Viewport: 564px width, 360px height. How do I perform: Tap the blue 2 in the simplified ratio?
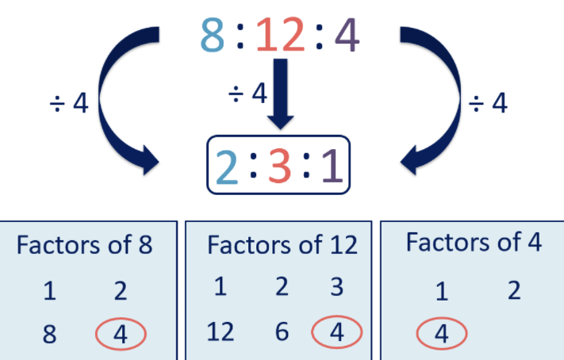point(228,166)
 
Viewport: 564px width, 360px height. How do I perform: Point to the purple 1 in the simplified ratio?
point(332,166)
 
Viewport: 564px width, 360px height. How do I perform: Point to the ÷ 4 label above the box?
point(247,94)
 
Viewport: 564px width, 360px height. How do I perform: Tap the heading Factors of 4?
point(474,242)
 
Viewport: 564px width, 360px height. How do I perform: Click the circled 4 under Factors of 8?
point(120,335)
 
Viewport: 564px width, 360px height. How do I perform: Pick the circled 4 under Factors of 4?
point(441,335)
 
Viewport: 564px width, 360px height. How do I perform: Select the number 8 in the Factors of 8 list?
point(49,335)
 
